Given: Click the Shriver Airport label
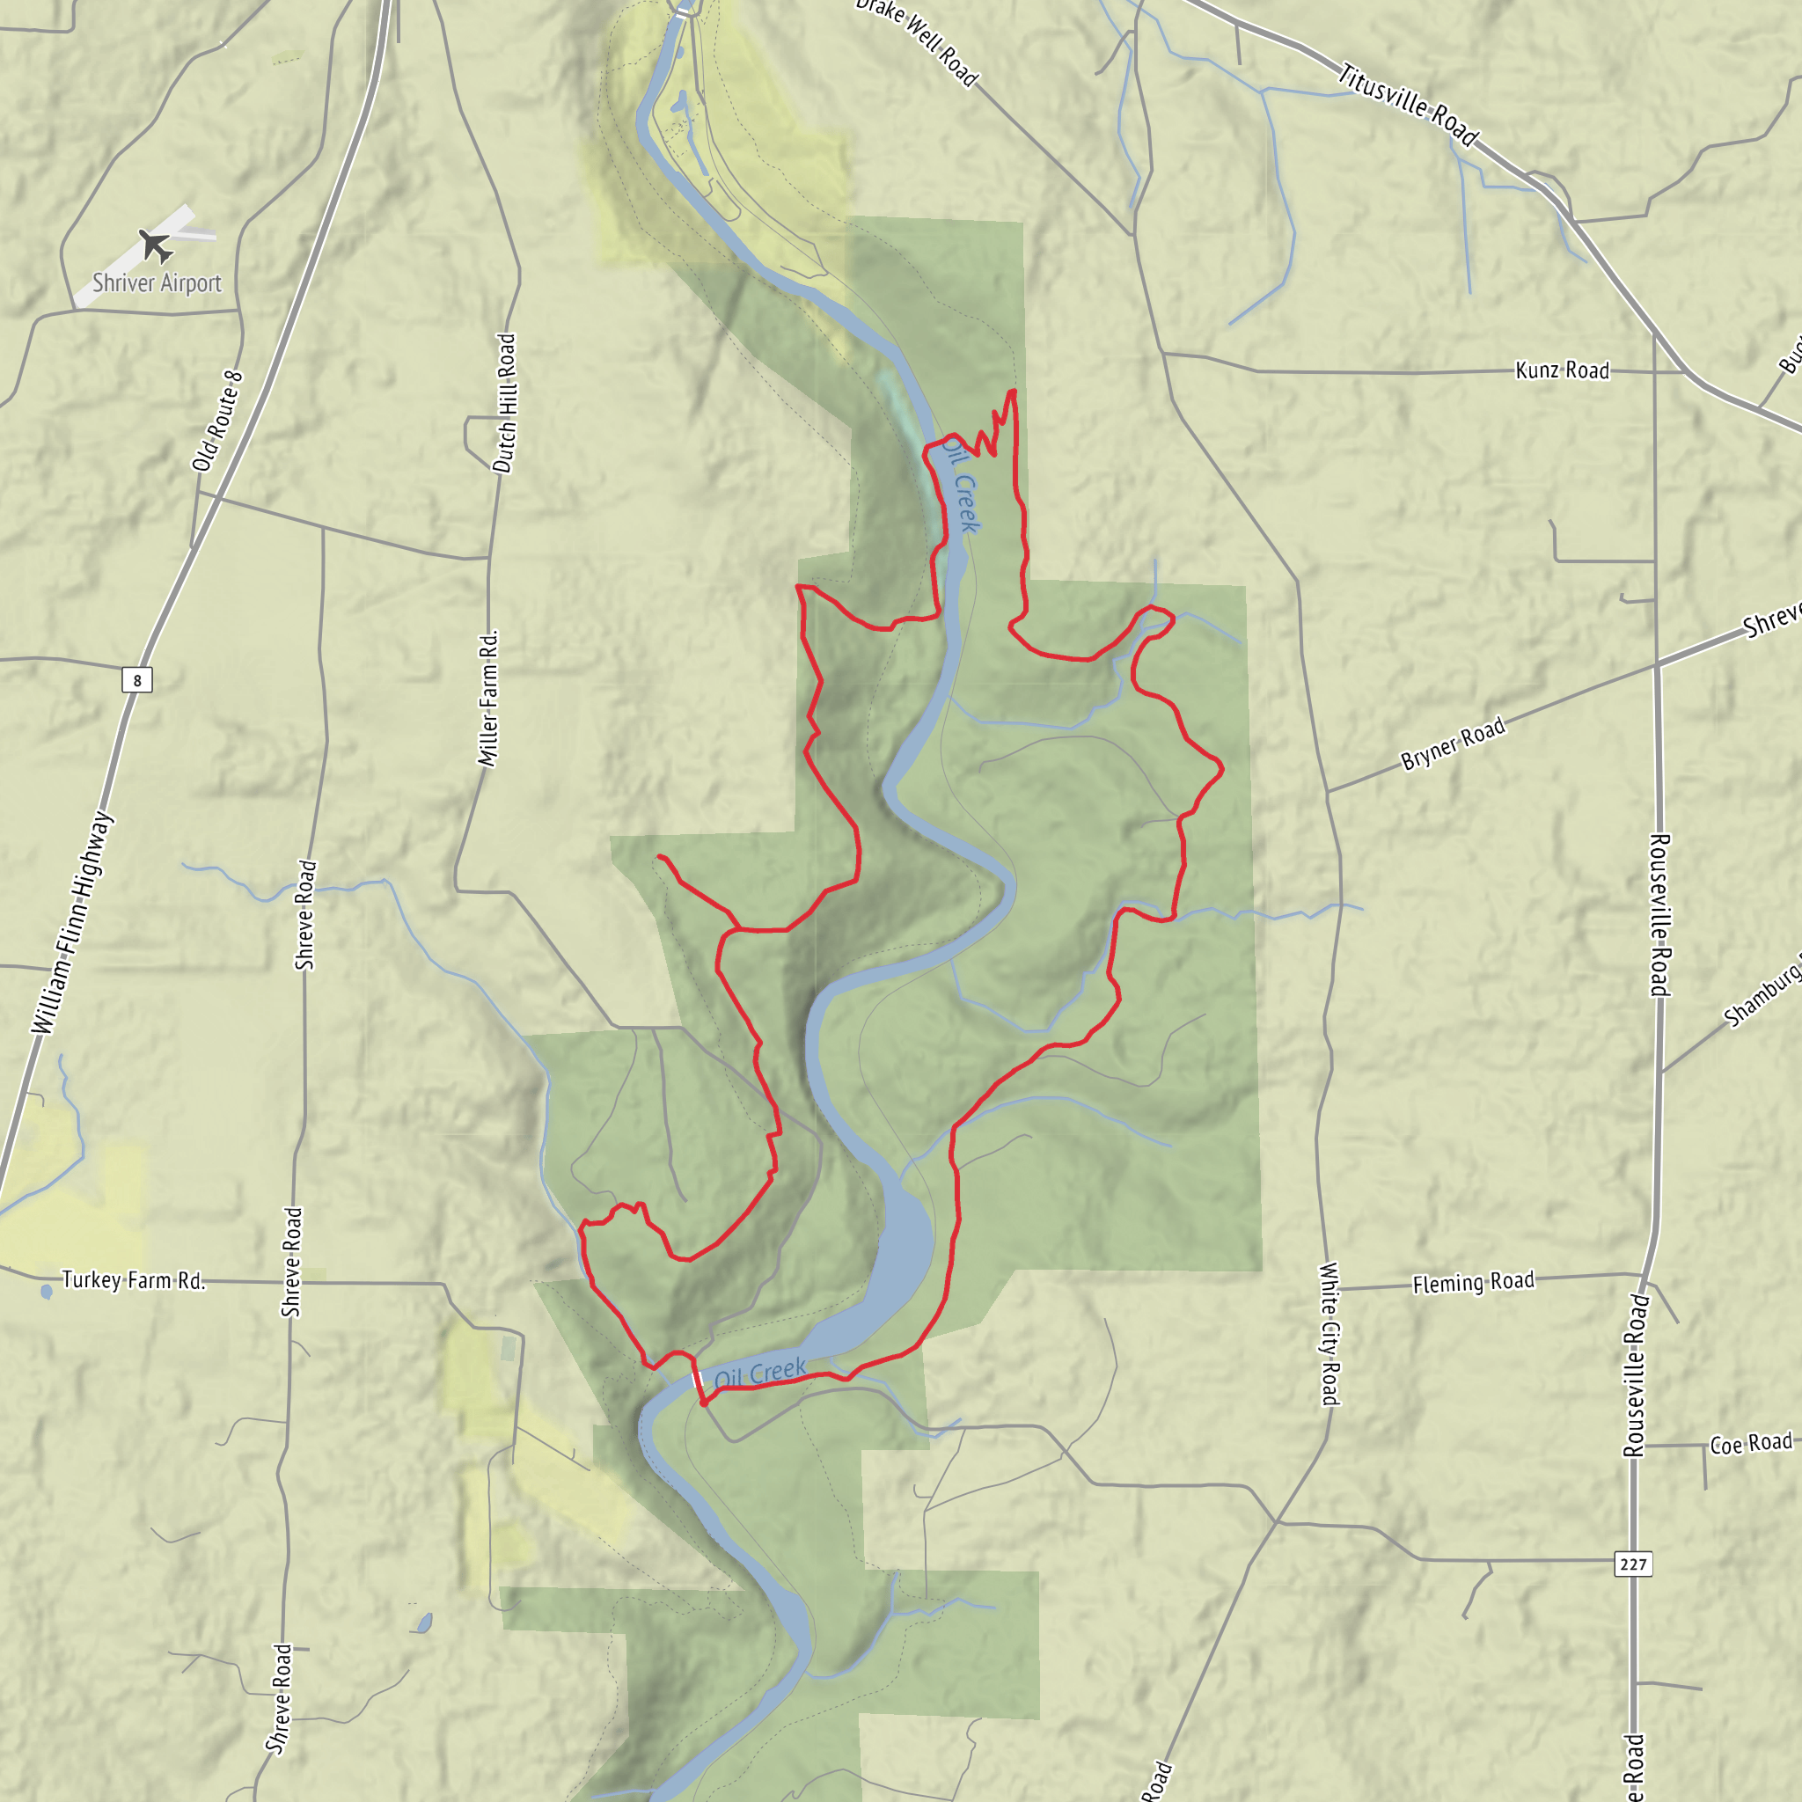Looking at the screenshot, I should point(157,282).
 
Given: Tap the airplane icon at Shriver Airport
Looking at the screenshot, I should point(155,246).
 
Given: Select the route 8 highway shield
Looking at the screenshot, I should point(137,680).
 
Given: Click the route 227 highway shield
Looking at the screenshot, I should point(1633,1564).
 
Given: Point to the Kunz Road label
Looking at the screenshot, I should point(1563,370).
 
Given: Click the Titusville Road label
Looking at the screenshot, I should point(1409,105).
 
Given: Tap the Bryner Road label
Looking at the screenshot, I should point(1454,744).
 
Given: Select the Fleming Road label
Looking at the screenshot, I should point(1473,1284).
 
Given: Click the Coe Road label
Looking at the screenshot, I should point(1751,1444).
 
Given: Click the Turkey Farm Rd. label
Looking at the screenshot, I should point(134,1280).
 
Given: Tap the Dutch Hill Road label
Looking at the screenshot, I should point(504,403).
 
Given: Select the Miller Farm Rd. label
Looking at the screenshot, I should point(488,699).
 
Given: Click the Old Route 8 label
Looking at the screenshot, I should point(217,421).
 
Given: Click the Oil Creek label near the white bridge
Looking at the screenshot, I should point(760,1373).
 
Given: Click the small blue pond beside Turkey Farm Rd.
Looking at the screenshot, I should point(47,1293).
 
